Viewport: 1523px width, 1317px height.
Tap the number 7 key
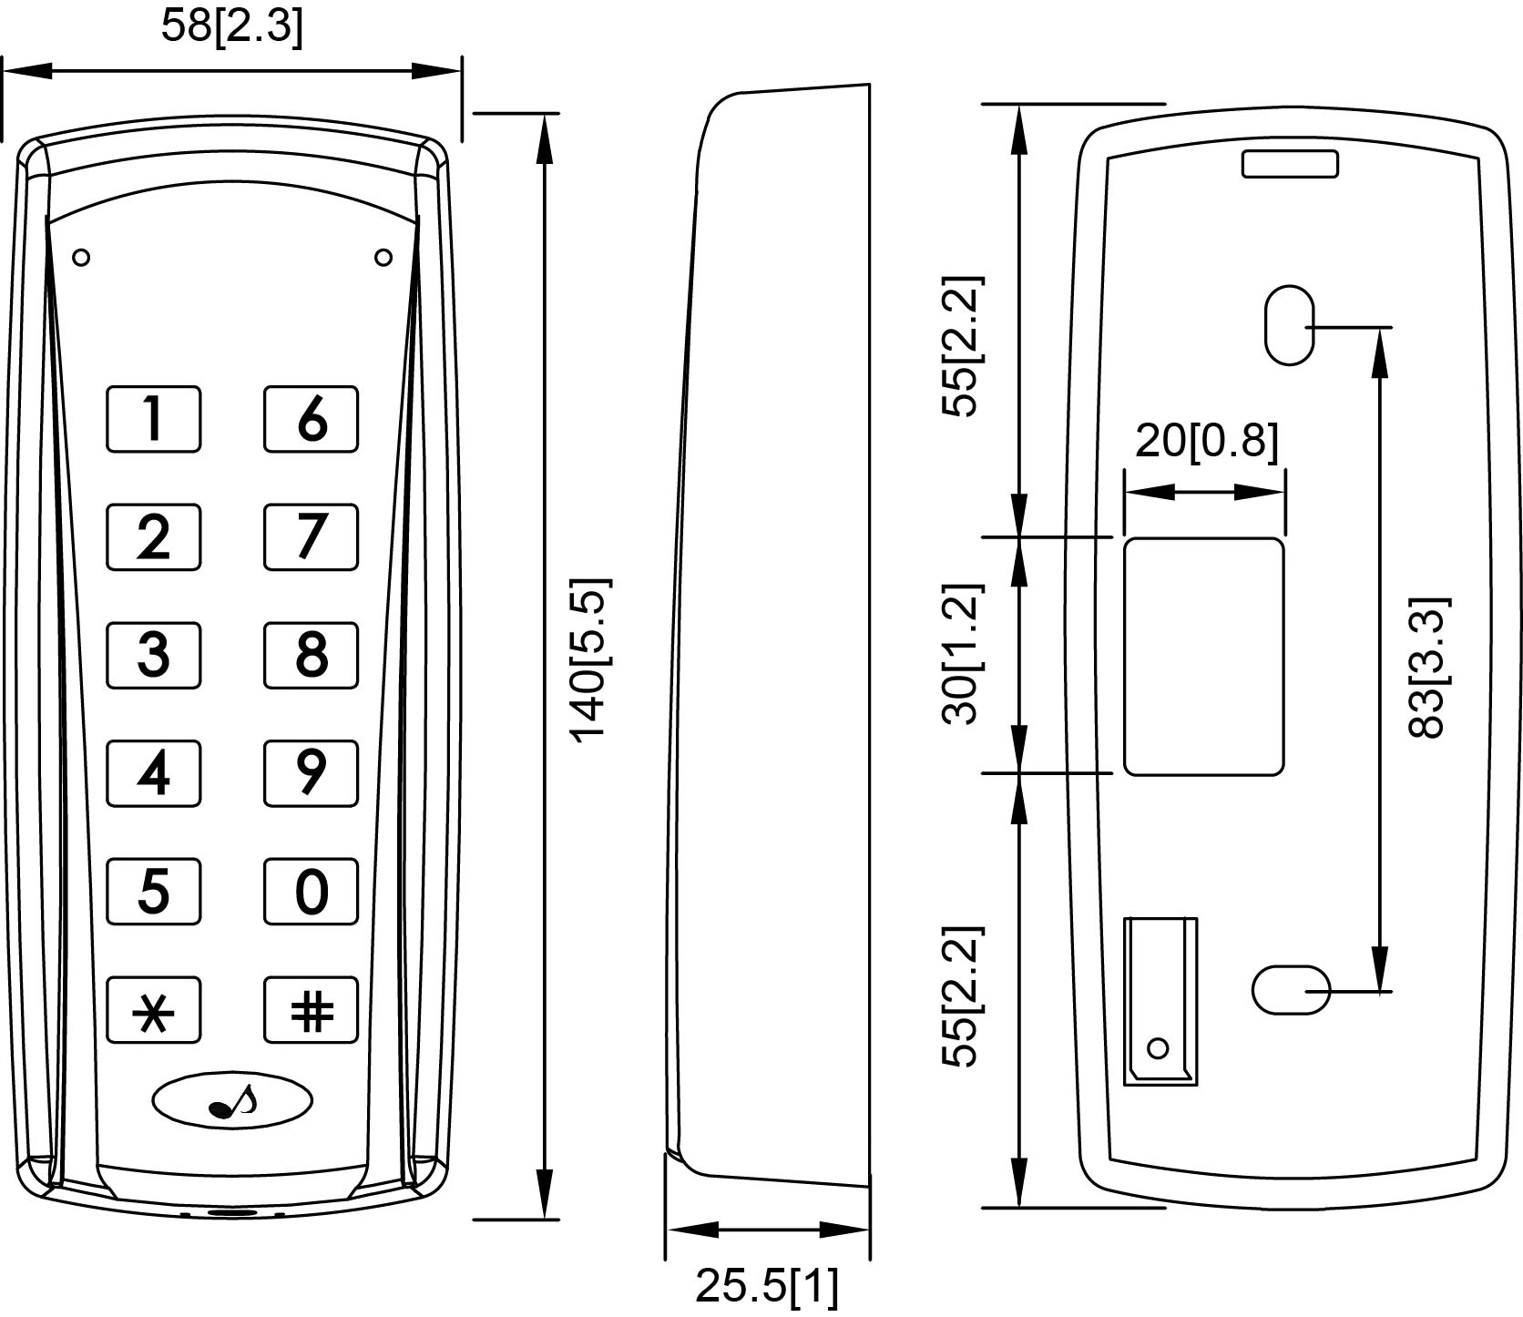pos(311,536)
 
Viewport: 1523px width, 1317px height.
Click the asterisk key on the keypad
pos(153,1010)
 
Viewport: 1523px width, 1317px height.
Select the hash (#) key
pos(311,1010)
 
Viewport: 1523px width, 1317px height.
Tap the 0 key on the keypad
pos(311,892)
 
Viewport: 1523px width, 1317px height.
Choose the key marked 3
pos(153,655)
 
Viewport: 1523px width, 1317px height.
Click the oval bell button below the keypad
pos(231,1101)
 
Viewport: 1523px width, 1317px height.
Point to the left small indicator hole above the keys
pos(81,258)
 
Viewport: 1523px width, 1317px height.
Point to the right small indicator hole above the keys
pos(383,258)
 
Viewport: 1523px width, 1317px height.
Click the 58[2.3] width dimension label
pos(231,26)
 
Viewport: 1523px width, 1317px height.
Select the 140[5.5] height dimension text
pos(589,658)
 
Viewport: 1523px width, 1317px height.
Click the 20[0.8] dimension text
pos(1206,441)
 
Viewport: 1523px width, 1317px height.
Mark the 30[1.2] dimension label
pos(962,654)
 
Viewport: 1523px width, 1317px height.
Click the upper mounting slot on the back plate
pos(1289,325)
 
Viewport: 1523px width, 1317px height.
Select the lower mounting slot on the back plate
pos(1291,989)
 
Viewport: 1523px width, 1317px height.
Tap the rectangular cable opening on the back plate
pos(1203,656)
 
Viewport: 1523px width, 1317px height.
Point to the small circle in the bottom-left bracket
pos(1158,1048)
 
